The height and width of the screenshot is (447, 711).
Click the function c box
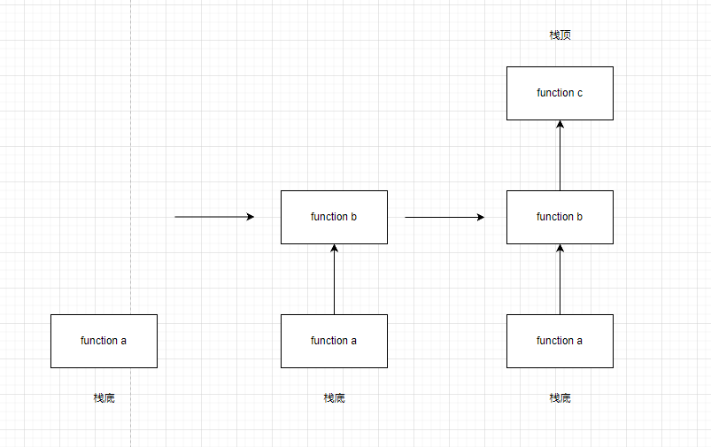pyautogui.click(x=560, y=93)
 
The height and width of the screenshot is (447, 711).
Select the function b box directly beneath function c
pyautogui.click(x=560, y=217)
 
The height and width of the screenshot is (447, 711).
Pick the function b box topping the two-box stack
pyautogui.click(x=334, y=217)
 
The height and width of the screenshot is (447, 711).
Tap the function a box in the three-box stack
pyautogui.click(x=560, y=341)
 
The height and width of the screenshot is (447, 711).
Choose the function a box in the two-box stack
pyautogui.click(x=334, y=341)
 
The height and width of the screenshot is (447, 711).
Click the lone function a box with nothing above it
pyautogui.click(x=104, y=341)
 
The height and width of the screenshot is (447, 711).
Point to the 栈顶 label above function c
pyautogui.click(x=560, y=35)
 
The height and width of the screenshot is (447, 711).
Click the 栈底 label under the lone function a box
pyautogui.click(x=104, y=398)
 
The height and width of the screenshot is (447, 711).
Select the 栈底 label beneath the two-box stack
pyautogui.click(x=334, y=398)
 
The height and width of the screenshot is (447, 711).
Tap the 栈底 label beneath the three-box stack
pyautogui.click(x=560, y=398)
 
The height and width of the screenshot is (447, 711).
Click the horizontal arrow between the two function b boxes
pyautogui.click(x=443, y=217)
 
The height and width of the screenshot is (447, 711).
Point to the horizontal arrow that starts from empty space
pyautogui.click(x=213, y=217)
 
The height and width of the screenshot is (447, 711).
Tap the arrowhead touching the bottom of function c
pyautogui.click(x=560, y=125)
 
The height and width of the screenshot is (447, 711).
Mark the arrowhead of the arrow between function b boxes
pyautogui.click(x=480, y=217)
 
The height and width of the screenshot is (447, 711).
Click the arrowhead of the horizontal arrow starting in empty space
pyautogui.click(x=250, y=217)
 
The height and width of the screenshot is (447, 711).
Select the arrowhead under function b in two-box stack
pyautogui.click(x=334, y=249)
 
